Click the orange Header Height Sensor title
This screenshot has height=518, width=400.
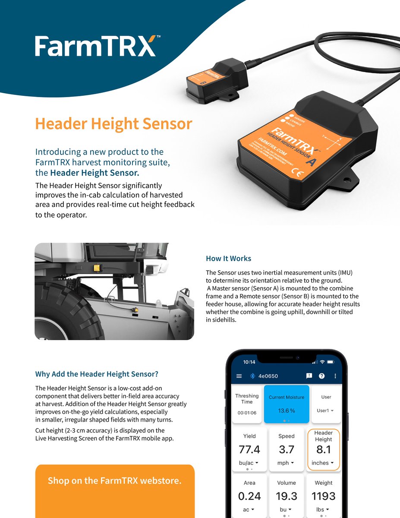pyautogui.click(x=113, y=123)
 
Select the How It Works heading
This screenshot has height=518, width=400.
pyautogui.click(x=228, y=259)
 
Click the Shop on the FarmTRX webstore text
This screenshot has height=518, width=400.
pyautogui.click(x=114, y=480)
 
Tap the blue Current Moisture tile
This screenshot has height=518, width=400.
pyautogui.click(x=287, y=404)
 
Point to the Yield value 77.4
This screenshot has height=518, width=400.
pyautogui.click(x=249, y=450)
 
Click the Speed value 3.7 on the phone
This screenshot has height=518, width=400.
pyautogui.click(x=287, y=450)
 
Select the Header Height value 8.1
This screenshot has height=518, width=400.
pyautogui.click(x=323, y=450)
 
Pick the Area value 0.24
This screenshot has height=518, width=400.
pyautogui.click(x=249, y=496)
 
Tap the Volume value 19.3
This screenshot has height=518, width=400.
pyautogui.click(x=287, y=496)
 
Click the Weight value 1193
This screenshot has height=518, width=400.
pyautogui.click(x=323, y=496)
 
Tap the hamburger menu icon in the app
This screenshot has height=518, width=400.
pyautogui.click(x=239, y=376)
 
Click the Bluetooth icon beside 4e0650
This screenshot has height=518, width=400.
pyautogui.click(x=253, y=376)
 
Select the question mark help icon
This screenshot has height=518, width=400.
pyautogui.click(x=321, y=376)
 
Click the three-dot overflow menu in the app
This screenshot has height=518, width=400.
pyautogui.click(x=335, y=376)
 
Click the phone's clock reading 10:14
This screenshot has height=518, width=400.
pyautogui.click(x=249, y=361)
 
